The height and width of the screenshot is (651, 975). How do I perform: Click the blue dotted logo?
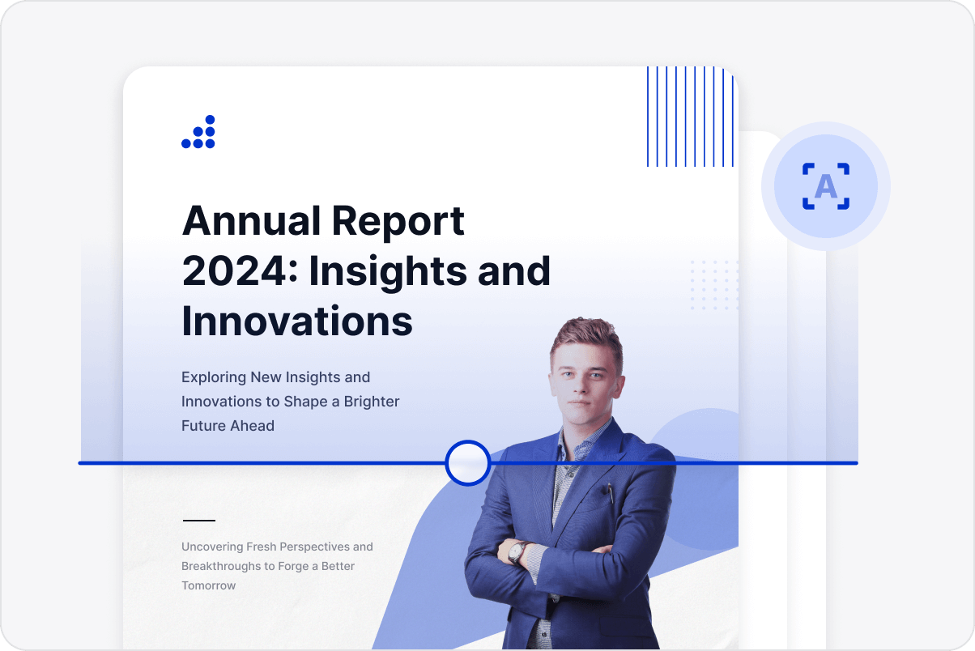pyautogui.click(x=198, y=133)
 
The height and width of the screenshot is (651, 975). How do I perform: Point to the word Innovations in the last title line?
pyautogui.click(x=297, y=321)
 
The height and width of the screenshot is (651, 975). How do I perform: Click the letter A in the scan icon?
pyautogui.click(x=825, y=187)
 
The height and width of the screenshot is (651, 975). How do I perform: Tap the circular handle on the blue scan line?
pyautogui.click(x=468, y=463)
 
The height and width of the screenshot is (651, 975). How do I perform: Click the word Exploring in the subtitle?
pyautogui.click(x=214, y=377)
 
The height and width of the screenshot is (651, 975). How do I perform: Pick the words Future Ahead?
pyautogui.click(x=228, y=426)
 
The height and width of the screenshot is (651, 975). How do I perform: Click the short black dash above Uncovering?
pyautogui.click(x=199, y=521)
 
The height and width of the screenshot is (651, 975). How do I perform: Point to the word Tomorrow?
pyautogui.click(x=209, y=585)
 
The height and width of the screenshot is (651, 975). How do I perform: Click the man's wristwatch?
pyautogui.click(x=516, y=552)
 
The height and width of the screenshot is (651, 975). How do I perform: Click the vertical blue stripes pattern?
pyautogui.click(x=690, y=117)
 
